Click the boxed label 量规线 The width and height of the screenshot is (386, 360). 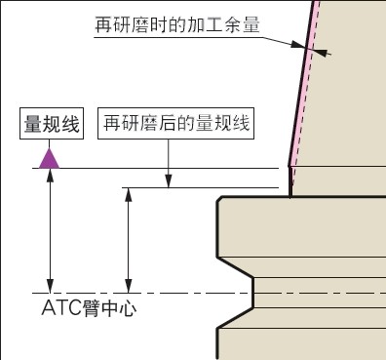pyautogui.click(x=53, y=124)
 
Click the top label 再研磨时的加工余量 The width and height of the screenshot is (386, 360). pyautogui.click(x=176, y=24)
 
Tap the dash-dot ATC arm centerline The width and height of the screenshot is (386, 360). pyautogui.click(x=175, y=293)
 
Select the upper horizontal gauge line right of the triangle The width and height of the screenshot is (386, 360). pyautogui.click(x=166, y=168)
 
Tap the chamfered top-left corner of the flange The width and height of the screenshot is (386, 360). pyautogui.click(x=220, y=202)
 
